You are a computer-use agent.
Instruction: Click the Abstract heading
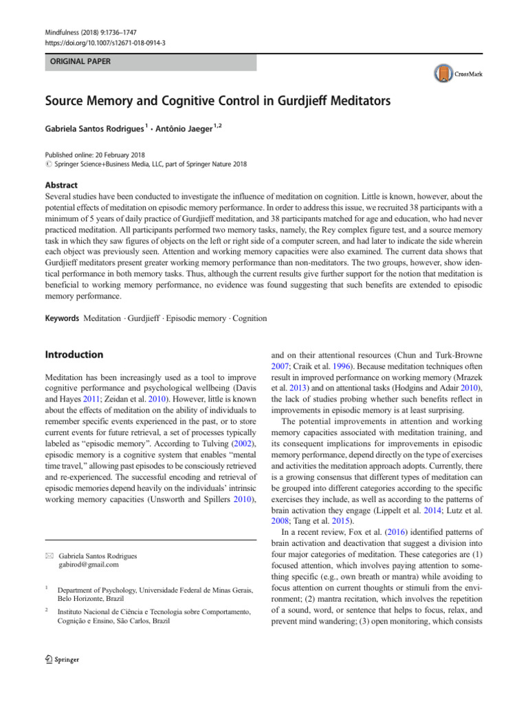click(61, 185)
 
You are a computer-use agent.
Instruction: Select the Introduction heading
click(74, 355)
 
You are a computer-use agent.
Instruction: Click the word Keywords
click(62, 318)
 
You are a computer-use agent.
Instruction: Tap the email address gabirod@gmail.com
click(89, 564)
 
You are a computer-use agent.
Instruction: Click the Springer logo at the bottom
click(62, 659)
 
